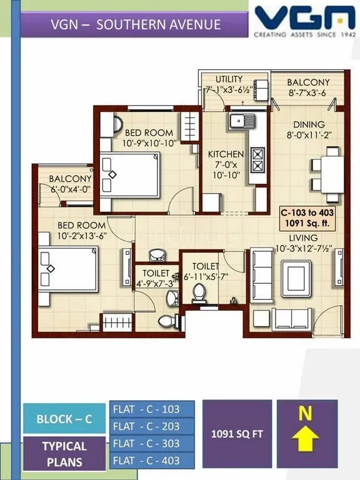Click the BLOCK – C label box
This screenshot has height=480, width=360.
(x=64, y=419)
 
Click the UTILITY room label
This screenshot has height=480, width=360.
(x=229, y=79)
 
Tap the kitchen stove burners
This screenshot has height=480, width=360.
(x=256, y=159)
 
